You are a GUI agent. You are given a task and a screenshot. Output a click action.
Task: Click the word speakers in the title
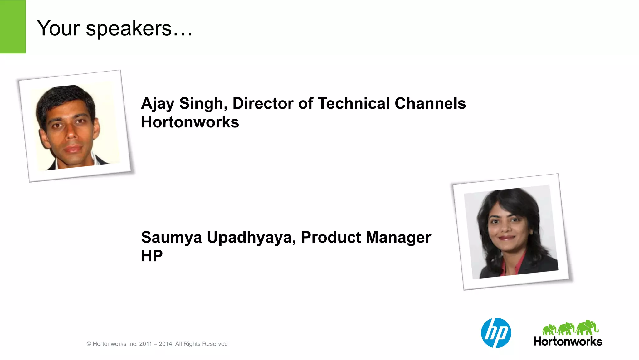[x=129, y=29]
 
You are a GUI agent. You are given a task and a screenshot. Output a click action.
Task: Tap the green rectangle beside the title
[x=12, y=27]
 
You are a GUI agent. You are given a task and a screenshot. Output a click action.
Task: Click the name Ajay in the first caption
[x=157, y=104]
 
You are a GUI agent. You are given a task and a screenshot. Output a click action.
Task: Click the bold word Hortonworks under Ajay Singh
[x=190, y=122]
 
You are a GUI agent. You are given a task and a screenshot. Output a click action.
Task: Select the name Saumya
[x=171, y=237]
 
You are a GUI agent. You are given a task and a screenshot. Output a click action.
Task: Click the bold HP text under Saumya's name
[x=152, y=256]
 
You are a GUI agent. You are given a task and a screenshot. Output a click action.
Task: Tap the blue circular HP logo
[x=496, y=333]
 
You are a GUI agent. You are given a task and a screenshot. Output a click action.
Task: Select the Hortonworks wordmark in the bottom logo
[x=568, y=341]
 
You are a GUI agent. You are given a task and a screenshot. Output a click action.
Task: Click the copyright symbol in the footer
[x=89, y=344]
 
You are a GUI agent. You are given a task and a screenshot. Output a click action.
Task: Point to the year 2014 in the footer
[x=165, y=344]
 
